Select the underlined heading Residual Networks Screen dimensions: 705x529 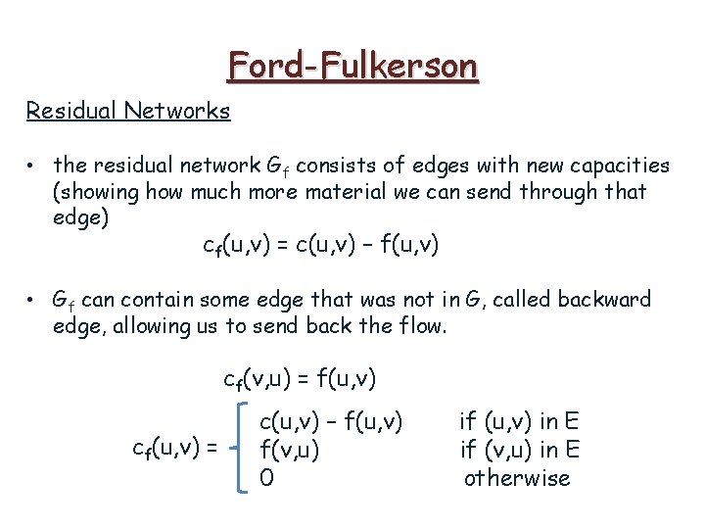[128, 110]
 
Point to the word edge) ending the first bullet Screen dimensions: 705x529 [80, 216]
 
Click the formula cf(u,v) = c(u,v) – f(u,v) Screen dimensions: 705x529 [320, 244]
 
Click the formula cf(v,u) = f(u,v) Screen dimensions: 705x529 [300, 378]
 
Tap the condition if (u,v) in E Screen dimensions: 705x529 [519, 422]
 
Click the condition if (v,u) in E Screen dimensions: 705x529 [519, 451]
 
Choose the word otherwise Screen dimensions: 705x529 [516, 478]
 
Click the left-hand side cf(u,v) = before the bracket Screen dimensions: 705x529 [174, 450]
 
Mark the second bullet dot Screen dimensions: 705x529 [32, 299]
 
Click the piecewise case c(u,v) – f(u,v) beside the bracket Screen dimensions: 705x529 [331, 422]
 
